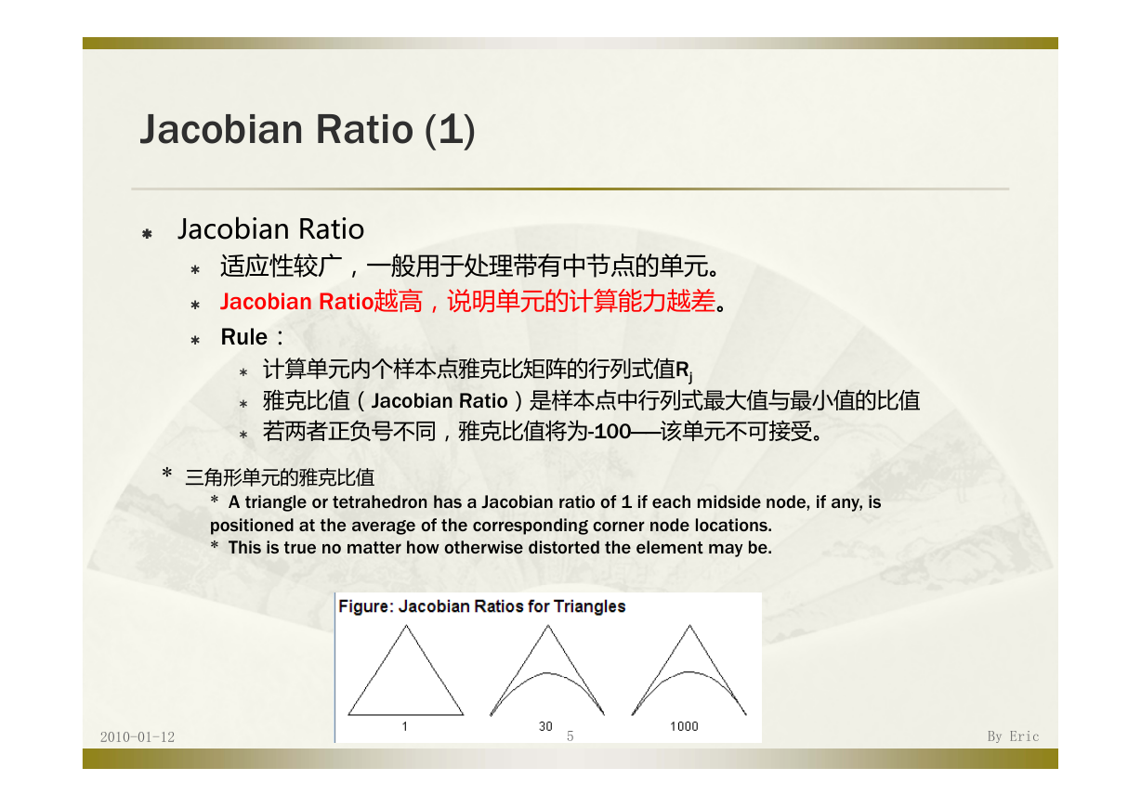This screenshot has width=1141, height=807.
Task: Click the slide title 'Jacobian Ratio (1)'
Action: click(x=308, y=130)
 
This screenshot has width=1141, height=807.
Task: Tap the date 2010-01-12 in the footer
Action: click(x=137, y=736)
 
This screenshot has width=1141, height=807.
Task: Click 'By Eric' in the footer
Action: click(x=1013, y=736)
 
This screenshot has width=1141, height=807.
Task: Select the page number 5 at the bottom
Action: click(x=570, y=736)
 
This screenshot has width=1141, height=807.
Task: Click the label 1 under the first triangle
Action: click(x=404, y=726)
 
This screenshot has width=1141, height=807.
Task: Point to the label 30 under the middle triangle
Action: click(x=545, y=726)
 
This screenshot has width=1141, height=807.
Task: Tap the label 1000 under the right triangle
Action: click(x=684, y=726)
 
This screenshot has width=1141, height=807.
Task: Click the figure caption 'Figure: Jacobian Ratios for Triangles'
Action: click(x=482, y=606)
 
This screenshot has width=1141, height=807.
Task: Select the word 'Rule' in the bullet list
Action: click(x=244, y=337)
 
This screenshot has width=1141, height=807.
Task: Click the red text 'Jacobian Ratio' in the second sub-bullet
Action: click(x=297, y=302)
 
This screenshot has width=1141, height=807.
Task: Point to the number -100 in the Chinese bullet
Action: click(x=610, y=432)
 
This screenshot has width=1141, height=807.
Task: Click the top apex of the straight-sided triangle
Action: click(x=406, y=626)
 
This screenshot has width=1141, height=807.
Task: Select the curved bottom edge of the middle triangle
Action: click(x=547, y=673)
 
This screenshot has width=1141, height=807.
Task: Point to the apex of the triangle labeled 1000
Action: click(x=689, y=625)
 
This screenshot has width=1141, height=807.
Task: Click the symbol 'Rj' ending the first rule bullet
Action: click(x=684, y=371)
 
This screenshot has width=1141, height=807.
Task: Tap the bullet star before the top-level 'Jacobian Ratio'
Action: click(x=147, y=234)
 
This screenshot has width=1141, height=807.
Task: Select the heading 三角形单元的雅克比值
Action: click(x=280, y=477)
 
